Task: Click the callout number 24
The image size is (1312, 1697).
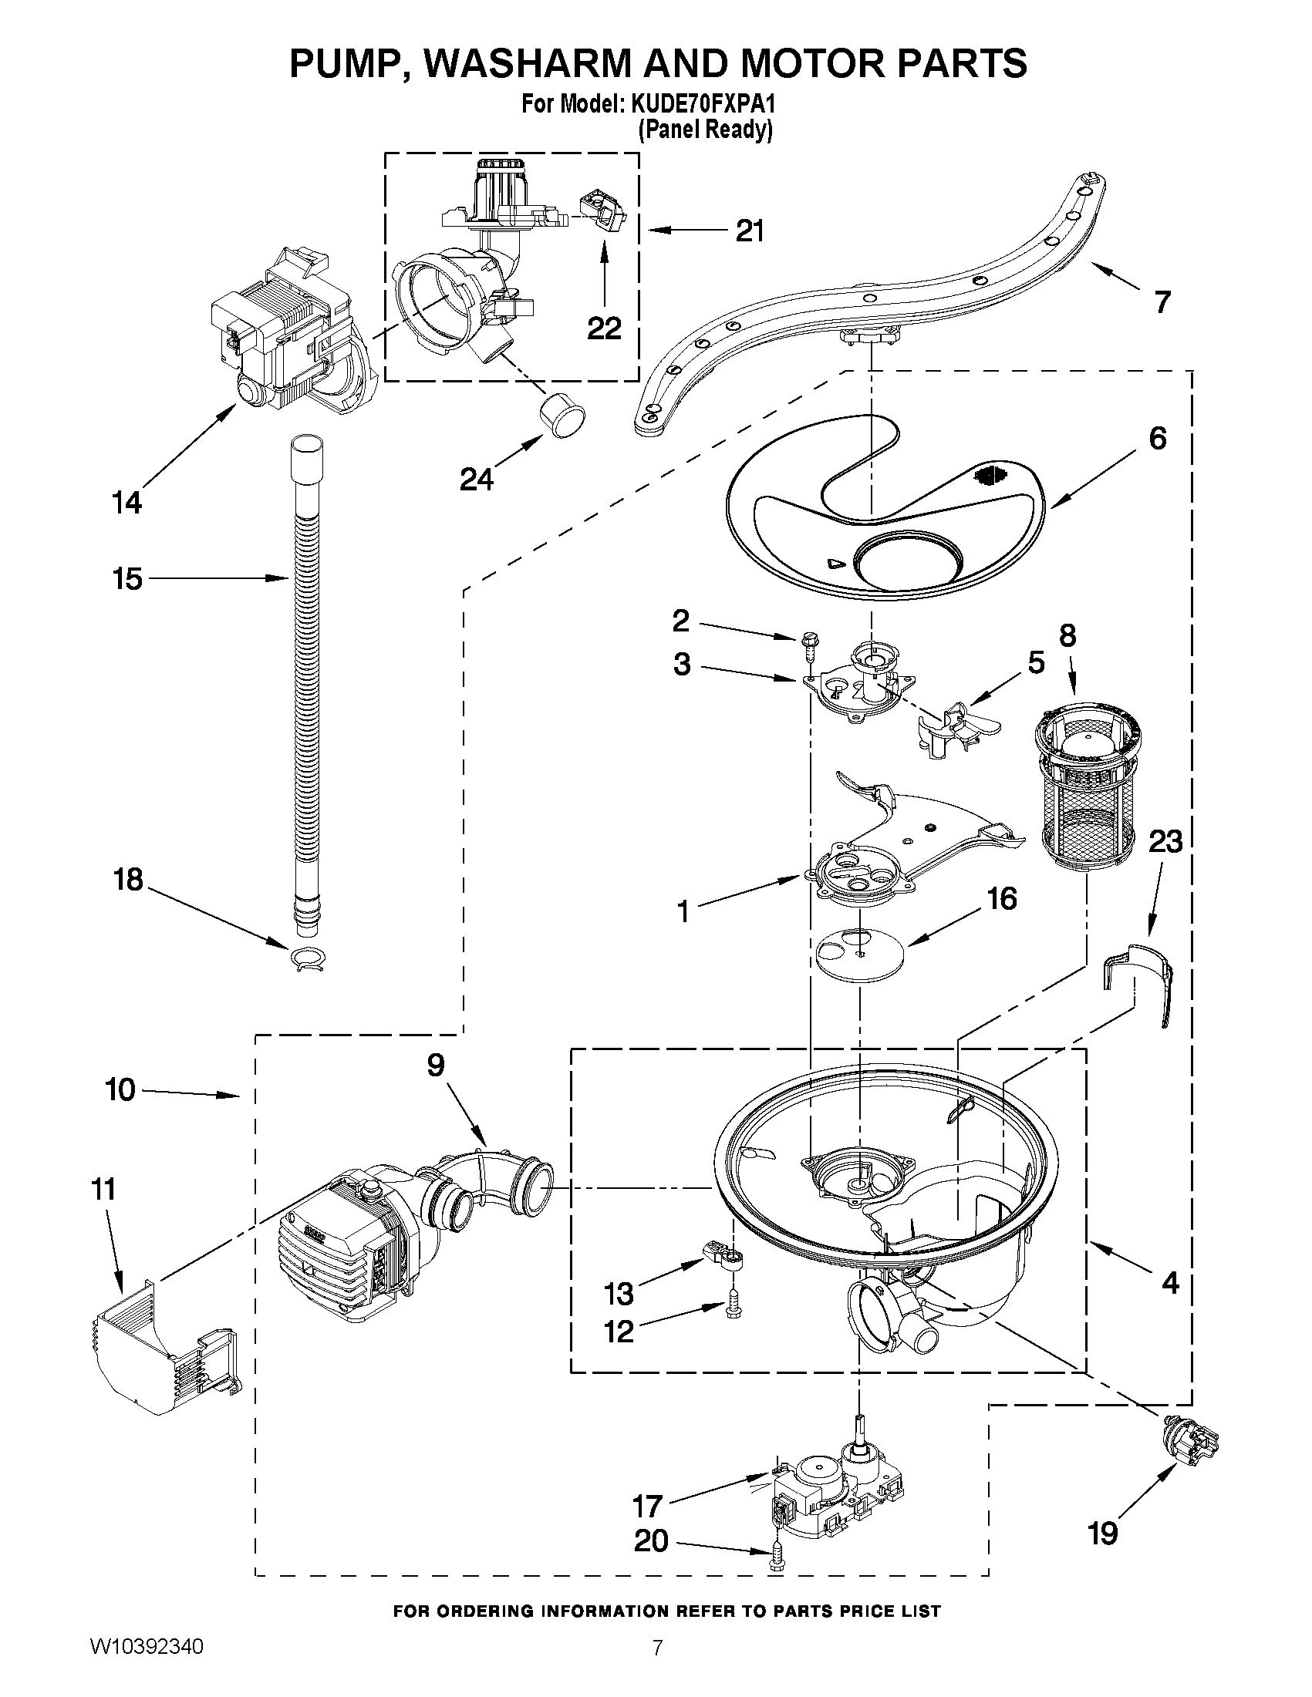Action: point(477,480)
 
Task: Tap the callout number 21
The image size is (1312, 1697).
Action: point(750,231)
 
